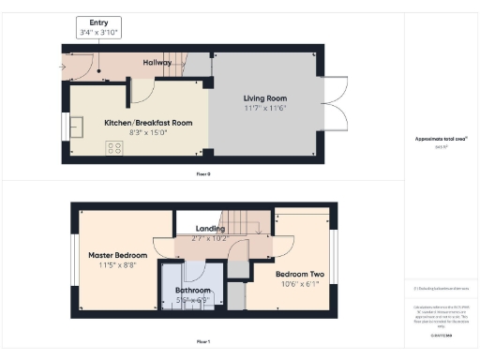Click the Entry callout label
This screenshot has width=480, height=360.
(98, 21)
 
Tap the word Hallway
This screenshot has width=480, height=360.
(157, 62)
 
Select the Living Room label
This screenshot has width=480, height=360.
(265, 97)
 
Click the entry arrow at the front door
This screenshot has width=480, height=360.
(63, 67)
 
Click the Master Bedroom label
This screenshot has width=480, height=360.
(118, 255)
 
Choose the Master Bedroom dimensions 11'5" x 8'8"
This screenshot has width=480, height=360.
(118, 266)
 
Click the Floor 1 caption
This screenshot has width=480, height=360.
(204, 342)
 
